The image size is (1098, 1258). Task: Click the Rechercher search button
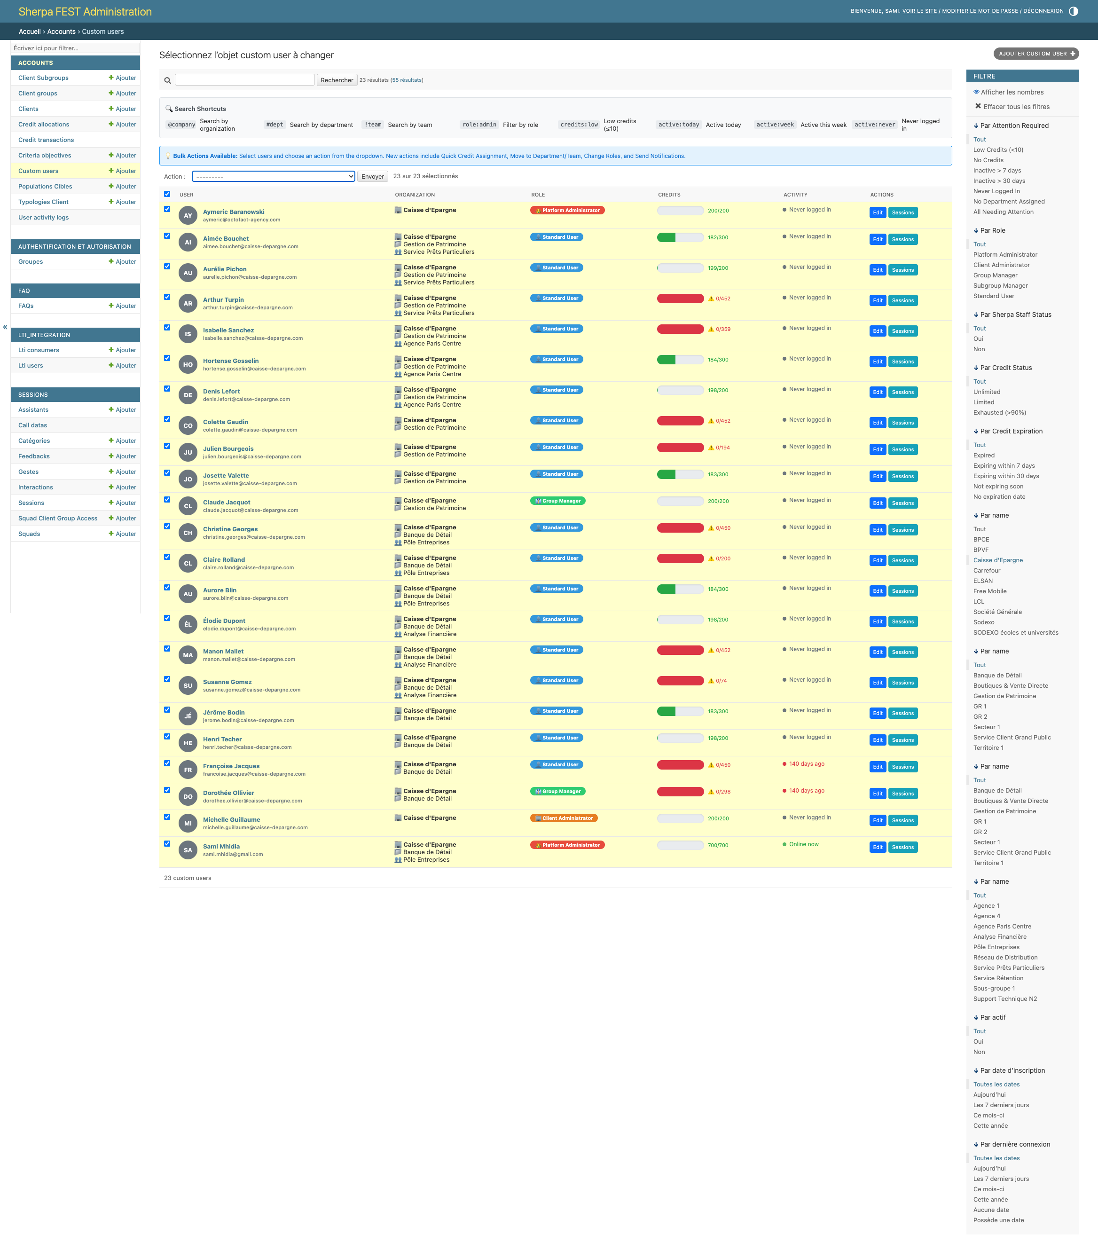337,80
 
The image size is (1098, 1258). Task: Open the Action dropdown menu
273,176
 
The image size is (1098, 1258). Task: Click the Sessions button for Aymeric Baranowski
902,212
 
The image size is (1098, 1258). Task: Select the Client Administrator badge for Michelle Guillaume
564,818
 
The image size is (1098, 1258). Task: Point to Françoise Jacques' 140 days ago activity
807,764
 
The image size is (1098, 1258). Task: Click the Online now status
803,844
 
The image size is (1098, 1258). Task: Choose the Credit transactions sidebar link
46,140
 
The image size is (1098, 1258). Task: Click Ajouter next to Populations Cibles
123,186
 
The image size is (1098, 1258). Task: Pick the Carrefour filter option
987,571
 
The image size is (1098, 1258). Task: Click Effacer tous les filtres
1016,107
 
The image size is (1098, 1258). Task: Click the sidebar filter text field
75,48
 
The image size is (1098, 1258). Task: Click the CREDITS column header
669,195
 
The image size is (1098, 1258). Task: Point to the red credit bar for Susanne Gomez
680,681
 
